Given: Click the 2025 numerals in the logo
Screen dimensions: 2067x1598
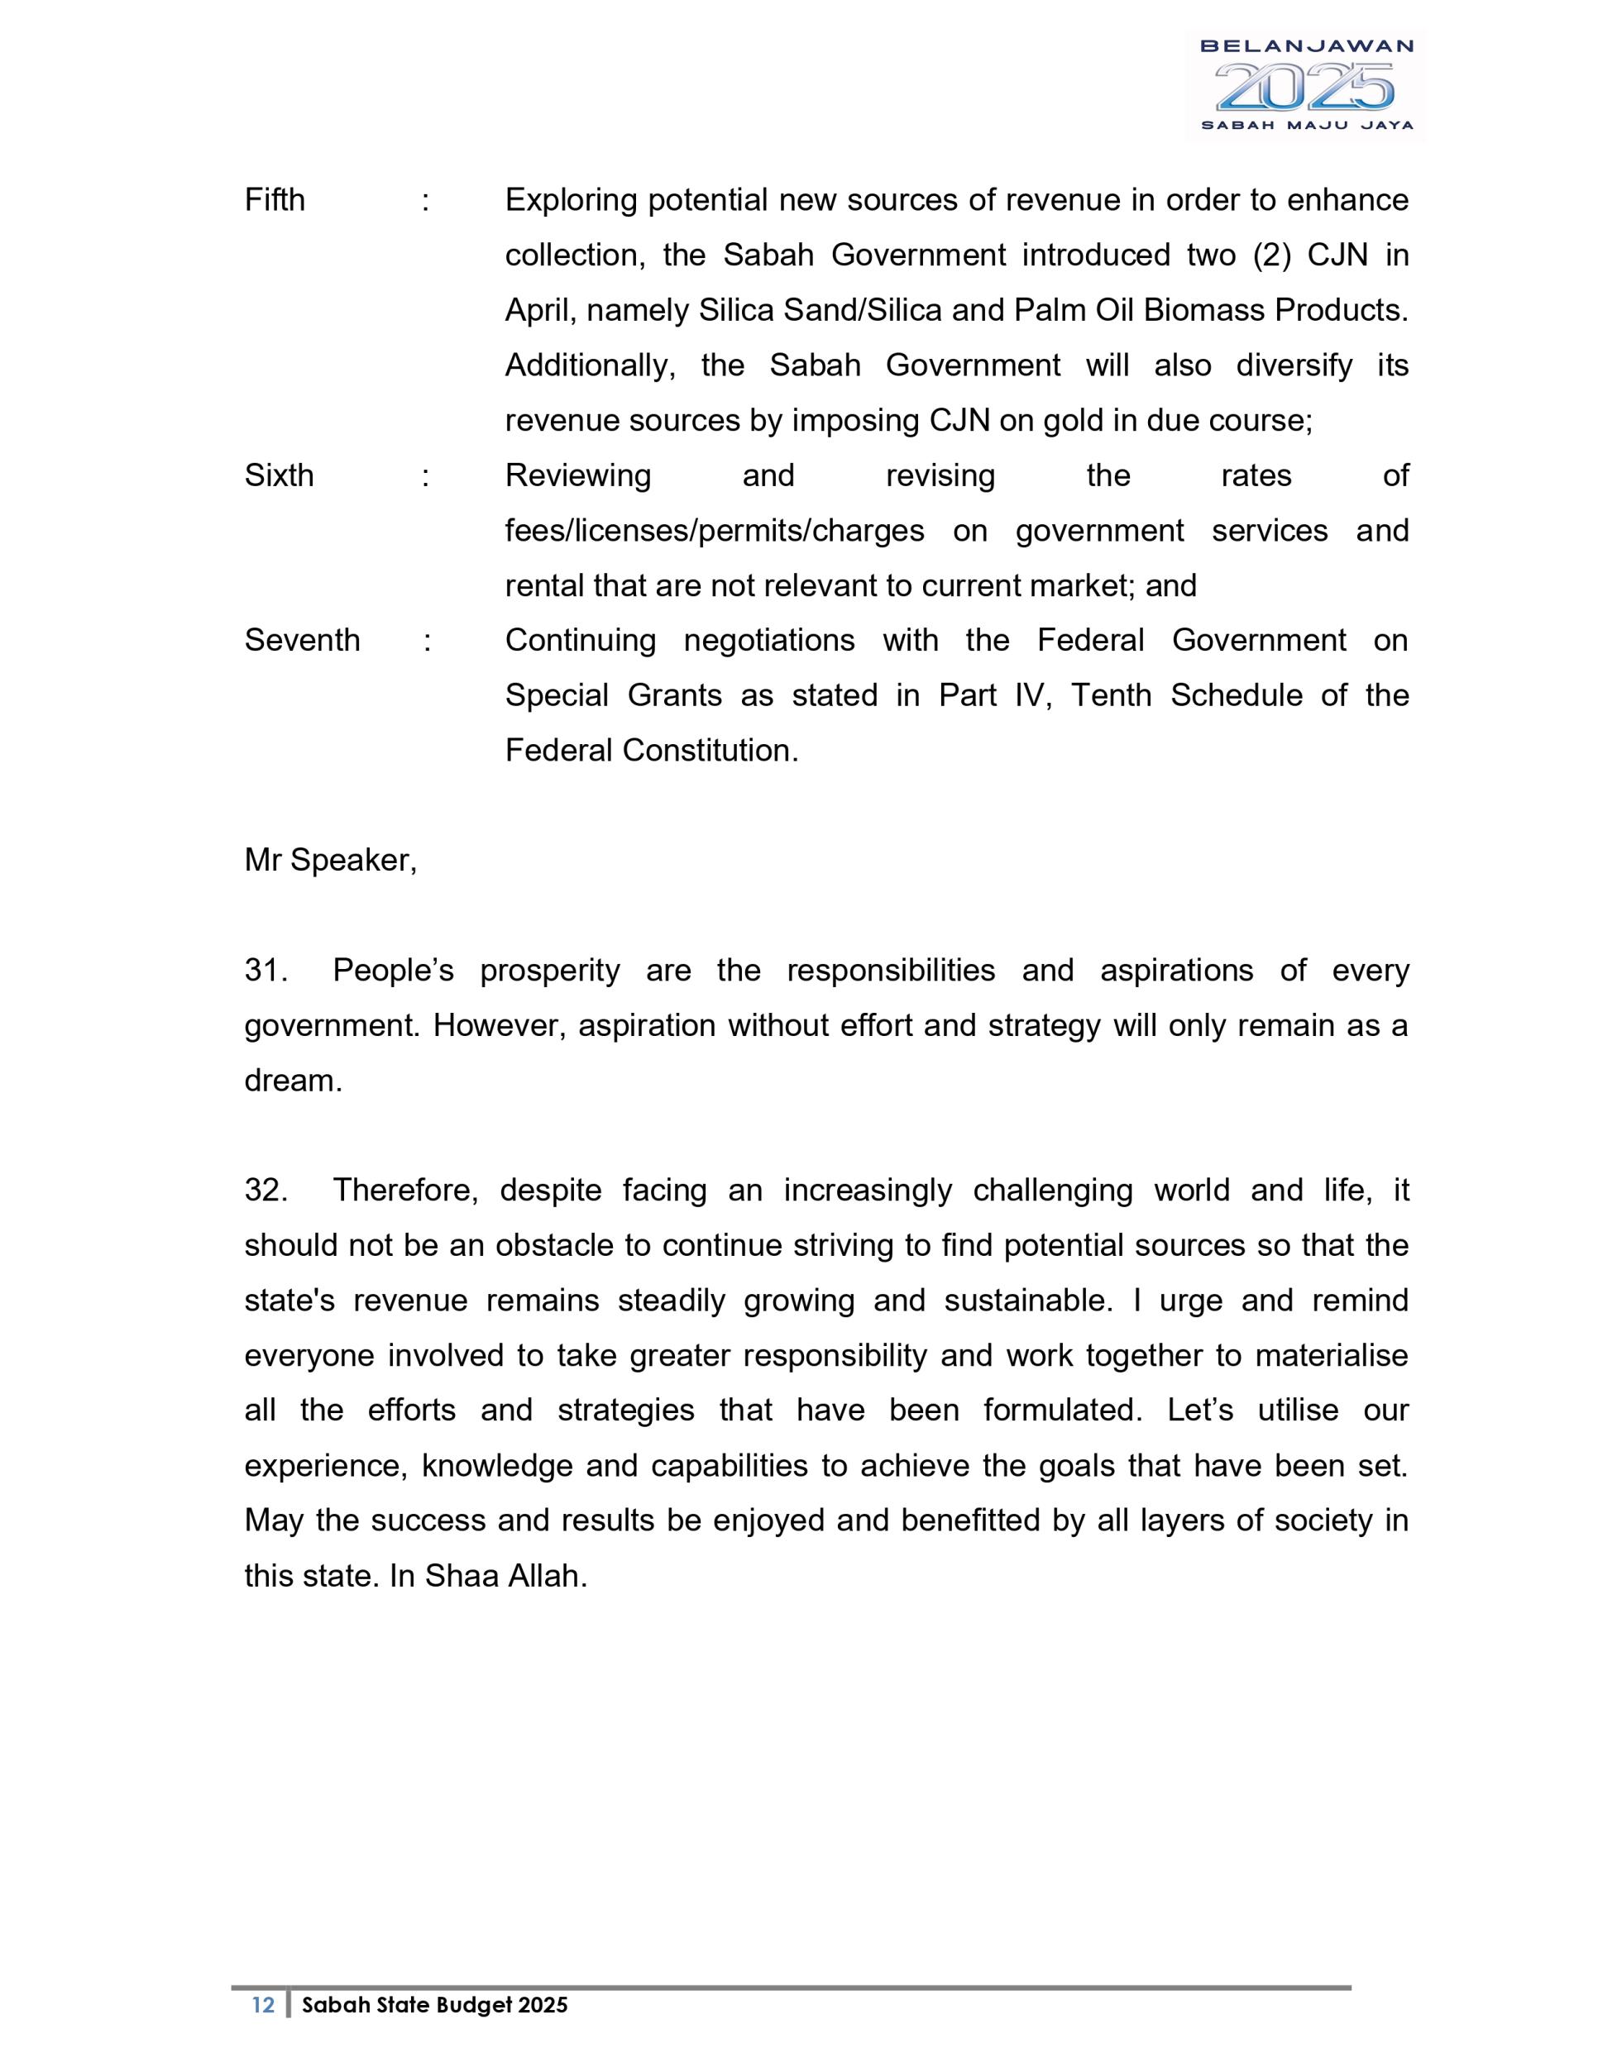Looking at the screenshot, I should tap(1304, 87).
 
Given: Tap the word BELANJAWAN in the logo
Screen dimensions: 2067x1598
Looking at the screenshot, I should tap(1306, 45).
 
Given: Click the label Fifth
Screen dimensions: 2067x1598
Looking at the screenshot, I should tap(275, 200).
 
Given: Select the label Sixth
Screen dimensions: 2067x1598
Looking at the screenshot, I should tap(278, 475).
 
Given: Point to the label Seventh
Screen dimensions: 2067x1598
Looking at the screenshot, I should tap(302, 641).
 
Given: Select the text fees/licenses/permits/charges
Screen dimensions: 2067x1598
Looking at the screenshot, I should tap(714, 531).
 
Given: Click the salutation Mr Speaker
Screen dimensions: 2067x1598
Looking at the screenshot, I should tap(329, 861).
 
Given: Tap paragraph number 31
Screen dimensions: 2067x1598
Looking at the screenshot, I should tap(265, 970).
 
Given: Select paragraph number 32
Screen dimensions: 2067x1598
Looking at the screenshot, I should tap(265, 1190).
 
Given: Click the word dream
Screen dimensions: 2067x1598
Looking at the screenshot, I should tap(293, 1081).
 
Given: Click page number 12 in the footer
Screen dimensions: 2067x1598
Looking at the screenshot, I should tap(263, 2004).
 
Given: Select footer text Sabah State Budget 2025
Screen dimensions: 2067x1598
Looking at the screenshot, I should tap(434, 2004).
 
